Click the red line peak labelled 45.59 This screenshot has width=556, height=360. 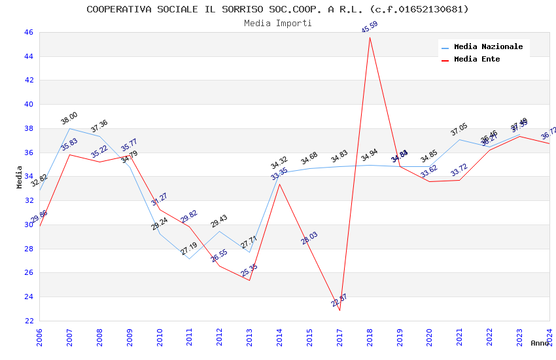pyautogui.click(x=370, y=37)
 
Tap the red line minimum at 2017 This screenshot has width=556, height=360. pyautogui.click(x=339, y=310)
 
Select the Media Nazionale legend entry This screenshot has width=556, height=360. pyautogui.click(x=488, y=47)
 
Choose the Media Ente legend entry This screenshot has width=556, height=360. pyautogui.click(x=477, y=60)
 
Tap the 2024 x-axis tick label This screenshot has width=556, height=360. pyautogui.click(x=549, y=335)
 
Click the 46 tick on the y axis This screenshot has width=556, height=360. pyautogui.click(x=29, y=32)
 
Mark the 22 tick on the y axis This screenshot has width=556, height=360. pyautogui.click(x=29, y=321)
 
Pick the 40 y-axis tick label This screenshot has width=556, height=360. pyautogui.click(x=29, y=104)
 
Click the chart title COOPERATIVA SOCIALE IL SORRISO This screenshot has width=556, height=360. pyautogui.click(x=277, y=9)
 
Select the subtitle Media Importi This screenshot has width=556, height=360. pyautogui.click(x=277, y=23)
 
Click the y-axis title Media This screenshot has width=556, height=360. pyautogui.click(x=20, y=177)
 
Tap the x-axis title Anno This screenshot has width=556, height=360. pyautogui.click(x=540, y=343)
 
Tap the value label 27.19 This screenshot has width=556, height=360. pyautogui.click(x=189, y=249)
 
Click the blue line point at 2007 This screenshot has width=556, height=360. pyautogui.click(x=69, y=128)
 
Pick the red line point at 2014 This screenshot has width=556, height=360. pyautogui.click(x=279, y=184)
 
